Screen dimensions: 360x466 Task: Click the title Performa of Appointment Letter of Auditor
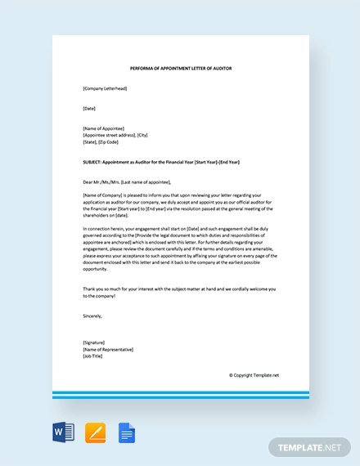181,68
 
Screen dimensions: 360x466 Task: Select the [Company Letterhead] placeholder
105,88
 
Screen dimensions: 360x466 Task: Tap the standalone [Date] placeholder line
89,108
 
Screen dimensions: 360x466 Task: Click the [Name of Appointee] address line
103,128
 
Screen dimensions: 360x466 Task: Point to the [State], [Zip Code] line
101,141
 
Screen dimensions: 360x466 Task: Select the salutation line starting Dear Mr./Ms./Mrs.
127,181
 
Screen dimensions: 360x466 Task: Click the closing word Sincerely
92,315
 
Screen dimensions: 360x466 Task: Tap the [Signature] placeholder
94,342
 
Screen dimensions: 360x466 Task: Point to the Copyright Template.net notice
254,375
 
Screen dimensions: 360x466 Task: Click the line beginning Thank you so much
180,289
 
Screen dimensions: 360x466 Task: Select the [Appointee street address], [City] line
115,135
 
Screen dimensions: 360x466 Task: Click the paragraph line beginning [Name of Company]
180,195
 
